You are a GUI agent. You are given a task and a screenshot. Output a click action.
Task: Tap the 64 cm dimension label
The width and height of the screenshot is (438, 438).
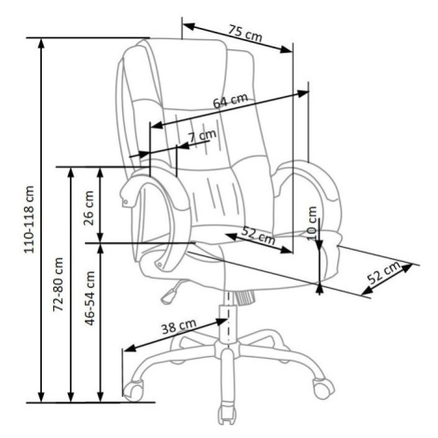pos(230,101)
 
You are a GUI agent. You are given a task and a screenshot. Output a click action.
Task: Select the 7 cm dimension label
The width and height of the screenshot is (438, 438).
pos(202,136)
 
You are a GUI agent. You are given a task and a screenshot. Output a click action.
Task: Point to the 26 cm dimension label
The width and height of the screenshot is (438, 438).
pos(89,208)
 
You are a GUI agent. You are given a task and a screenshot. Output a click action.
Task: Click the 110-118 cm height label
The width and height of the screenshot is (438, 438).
pos(29,220)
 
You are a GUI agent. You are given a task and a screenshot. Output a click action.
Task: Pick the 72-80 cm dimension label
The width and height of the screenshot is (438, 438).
pos(58,284)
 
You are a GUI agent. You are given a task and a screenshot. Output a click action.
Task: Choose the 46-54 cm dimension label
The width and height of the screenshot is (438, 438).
pos(89,298)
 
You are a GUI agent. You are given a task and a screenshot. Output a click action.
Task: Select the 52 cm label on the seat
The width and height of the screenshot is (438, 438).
pos(258,235)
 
